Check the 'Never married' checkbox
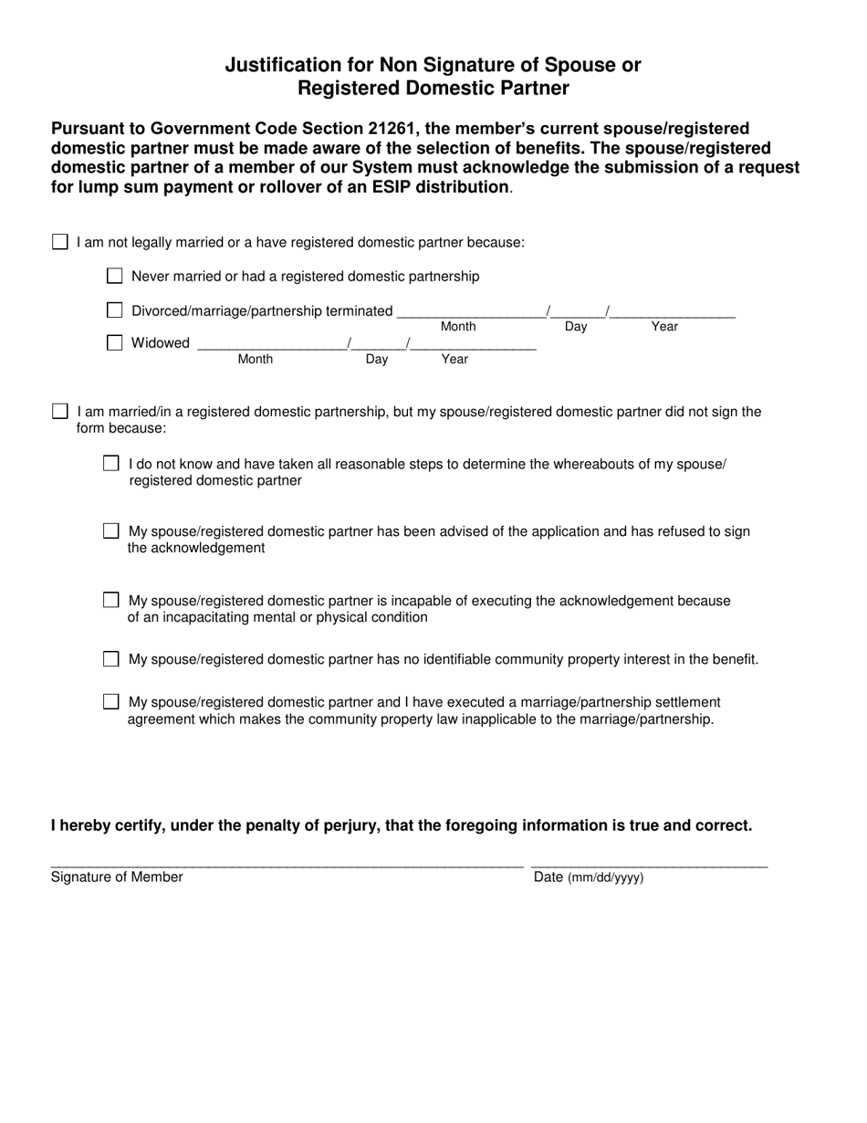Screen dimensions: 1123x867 (115, 276)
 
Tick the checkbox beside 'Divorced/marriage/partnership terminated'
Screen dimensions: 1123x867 (115, 310)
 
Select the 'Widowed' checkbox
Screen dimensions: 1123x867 (115, 343)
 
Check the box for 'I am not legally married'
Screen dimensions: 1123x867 (60, 242)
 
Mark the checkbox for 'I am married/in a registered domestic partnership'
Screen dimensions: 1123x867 (60, 411)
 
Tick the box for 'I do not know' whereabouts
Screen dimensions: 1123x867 (111, 464)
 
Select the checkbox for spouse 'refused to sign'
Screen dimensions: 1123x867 (111, 531)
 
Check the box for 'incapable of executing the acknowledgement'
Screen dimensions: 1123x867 (111, 601)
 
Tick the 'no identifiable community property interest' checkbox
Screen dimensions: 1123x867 (111, 659)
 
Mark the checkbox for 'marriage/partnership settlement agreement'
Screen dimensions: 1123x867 (111, 702)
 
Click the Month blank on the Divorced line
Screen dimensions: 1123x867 (471, 312)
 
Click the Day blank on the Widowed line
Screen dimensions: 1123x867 (379, 345)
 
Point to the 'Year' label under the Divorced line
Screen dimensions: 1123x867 (664, 327)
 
